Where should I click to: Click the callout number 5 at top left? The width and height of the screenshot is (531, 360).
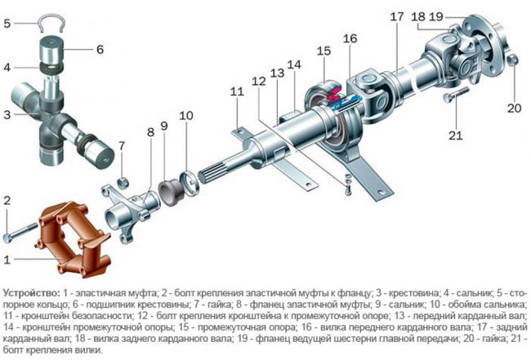(x=7, y=24)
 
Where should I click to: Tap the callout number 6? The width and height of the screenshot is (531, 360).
(x=100, y=49)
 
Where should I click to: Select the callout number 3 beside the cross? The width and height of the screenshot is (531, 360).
(x=7, y=114)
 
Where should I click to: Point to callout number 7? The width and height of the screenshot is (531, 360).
(x=122, y=146)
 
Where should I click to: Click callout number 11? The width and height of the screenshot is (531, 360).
(x=237, y=92)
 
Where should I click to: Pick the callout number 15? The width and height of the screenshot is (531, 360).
(x=324, y=51)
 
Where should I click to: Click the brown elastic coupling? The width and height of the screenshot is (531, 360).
(x=74, y=237)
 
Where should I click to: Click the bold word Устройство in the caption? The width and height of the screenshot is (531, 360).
(x=29, y=291)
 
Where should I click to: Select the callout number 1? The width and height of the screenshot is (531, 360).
(x=7, y=260)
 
